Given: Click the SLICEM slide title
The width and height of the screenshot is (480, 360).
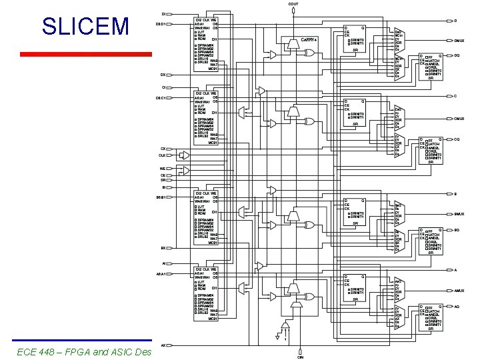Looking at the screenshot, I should pyautogui.click(x=85, y=27).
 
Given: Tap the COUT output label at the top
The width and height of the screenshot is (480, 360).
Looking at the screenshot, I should pyautogui.click(x=293, y=4).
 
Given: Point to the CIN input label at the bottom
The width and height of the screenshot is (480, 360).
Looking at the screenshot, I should pyautogui.click(x=301, y=357).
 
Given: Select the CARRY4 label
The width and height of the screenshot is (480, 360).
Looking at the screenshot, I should pyautogui.click(x=310, y=41).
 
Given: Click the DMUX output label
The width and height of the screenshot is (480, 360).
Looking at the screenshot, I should pyautogui.click(x=459, y=41).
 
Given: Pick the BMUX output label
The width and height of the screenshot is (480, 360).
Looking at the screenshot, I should pyautogui.click(x=459, y=214).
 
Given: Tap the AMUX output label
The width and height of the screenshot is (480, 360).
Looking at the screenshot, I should pyautogui.click(x=459, y=291).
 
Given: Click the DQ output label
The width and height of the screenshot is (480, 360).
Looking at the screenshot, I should pyautogui.click(x=457, y=55).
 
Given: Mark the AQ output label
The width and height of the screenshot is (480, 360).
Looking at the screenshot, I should pyautogui.click(x=457, y=307).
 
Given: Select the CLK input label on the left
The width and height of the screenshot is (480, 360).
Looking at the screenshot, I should pyautogui.click(x=161, y=155).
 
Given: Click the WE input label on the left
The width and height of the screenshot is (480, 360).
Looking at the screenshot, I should pyautogui.click(x=162, y=169).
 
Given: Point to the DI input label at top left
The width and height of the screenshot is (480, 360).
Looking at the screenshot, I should pyautogui.click(x=164, y=14).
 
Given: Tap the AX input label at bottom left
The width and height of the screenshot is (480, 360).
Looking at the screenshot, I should pyautogui.click(x=163, y=345).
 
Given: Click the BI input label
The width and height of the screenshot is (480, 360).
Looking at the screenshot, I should pyautogui.click(x=163, y=187).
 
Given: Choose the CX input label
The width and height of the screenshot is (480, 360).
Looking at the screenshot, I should pyautogui.click(x=163, y=149).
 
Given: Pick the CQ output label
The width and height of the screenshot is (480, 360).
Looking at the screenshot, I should pyautogui.click(x=457, y=139).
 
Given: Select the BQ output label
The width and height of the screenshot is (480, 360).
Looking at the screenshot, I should pyautogui.click(x=457, y=230).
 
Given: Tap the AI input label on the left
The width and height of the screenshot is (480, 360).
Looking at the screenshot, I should pyautogui.click(x=164, y=263).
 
